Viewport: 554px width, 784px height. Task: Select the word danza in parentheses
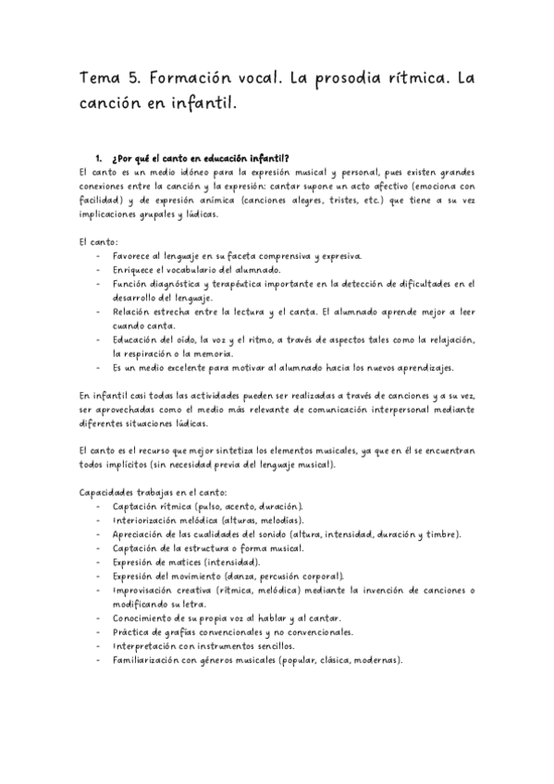(234, 575)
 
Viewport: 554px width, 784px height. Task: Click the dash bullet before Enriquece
(99, 268)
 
